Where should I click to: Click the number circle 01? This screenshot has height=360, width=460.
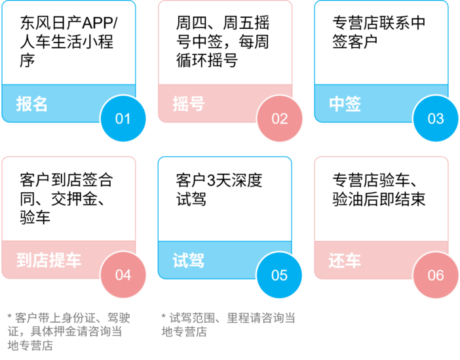click(123, 119)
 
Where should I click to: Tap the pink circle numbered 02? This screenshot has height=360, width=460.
click(280, 119)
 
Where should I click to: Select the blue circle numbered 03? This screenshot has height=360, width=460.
click(436, 119)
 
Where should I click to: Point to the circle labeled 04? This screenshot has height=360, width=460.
click(123, 275)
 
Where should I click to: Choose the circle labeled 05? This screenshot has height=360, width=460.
click(280, 275)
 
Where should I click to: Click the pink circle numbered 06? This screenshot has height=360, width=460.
click(436, 275)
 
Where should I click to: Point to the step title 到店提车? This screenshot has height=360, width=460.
click(49, 260)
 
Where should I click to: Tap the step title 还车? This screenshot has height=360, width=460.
click(345, 260)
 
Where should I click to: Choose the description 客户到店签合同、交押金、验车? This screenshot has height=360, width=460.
click(66, 198)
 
